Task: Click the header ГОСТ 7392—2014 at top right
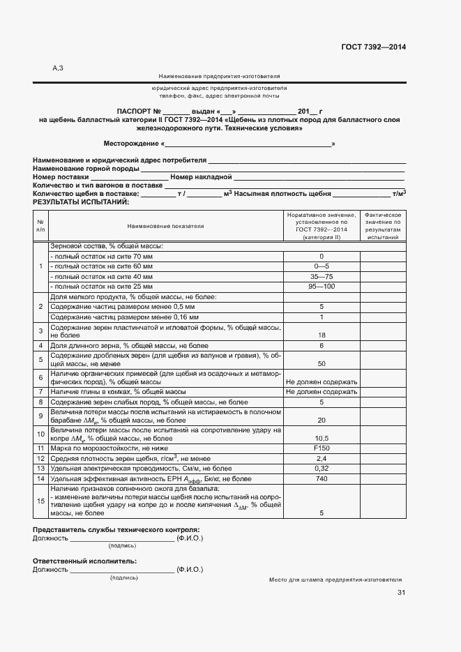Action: (x=373, y=47)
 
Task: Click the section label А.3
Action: (x=58, y=68)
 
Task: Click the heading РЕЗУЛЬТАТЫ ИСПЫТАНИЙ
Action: (x=81, y=202)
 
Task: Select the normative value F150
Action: (x=322, y=448)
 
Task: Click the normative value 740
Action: (x=322, y=479)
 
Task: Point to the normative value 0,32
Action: (x=322, y=469)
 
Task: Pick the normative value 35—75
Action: (x=322, y=277)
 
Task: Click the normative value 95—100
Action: (x=322, y=287)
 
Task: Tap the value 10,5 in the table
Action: (x=322, y=438)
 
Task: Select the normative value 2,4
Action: (x=322, y=459)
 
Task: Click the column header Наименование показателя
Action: (x=165, y=226)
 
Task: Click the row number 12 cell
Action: (x=40, y=459)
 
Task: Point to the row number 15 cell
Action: (x=40, y=501)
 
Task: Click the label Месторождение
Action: (x=132, y=144)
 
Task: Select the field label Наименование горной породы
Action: (x=86, y=169)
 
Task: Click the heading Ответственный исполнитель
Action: (x=84, y=561)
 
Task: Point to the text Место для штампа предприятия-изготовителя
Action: (x=335, y=579)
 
